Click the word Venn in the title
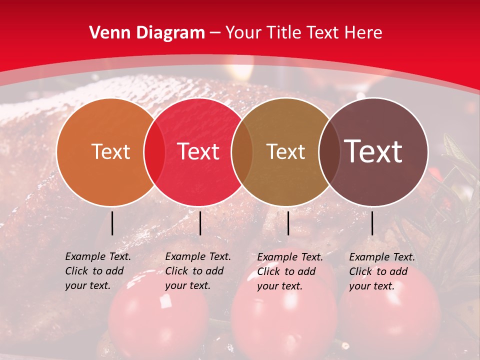coord(110,33)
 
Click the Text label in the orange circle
coord(110,151)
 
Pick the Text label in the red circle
coord(198,151)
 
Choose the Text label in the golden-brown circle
coord(285,151)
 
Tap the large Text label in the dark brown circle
coord(373,151)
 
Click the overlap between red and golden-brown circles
coord(242,152)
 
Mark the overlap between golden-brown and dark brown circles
coord(328,152)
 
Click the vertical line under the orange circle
coord(112,223)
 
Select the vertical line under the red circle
coord(200,223)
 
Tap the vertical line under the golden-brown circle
coord(288,223)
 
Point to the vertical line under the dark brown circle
coord(372,223)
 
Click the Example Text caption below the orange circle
coord(98,271)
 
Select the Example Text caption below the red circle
coord(198,271)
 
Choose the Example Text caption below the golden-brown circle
coord(290,271)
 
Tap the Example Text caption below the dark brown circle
coord(382,271)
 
